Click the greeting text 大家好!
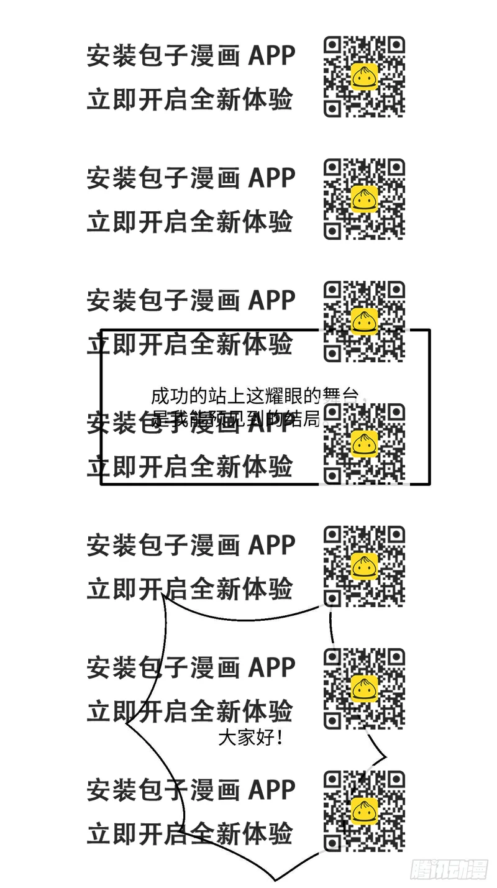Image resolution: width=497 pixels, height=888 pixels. tap(251, 738)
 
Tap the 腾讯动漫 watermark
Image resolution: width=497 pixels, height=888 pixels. tap(449, 869)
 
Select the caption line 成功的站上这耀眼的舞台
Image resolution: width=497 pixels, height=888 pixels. tap(255, 396)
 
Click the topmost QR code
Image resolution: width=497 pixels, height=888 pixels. tap(364, 76)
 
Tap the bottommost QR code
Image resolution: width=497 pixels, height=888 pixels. tap(364, 811)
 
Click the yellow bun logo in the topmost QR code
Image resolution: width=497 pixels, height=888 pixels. tap(365, 76)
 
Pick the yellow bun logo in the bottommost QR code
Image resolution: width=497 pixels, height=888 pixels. tap(365, 811)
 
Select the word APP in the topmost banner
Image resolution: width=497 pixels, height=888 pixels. tap(271, 56)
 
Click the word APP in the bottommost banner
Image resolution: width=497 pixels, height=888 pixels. tap(271, 790)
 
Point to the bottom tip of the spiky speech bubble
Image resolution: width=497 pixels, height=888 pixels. tap(275, 880)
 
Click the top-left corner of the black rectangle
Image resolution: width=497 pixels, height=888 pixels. tap(102, 331)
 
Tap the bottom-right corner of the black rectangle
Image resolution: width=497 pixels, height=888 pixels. tap(429, 483)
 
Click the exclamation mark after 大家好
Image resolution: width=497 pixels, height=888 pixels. tap(280, 738)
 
